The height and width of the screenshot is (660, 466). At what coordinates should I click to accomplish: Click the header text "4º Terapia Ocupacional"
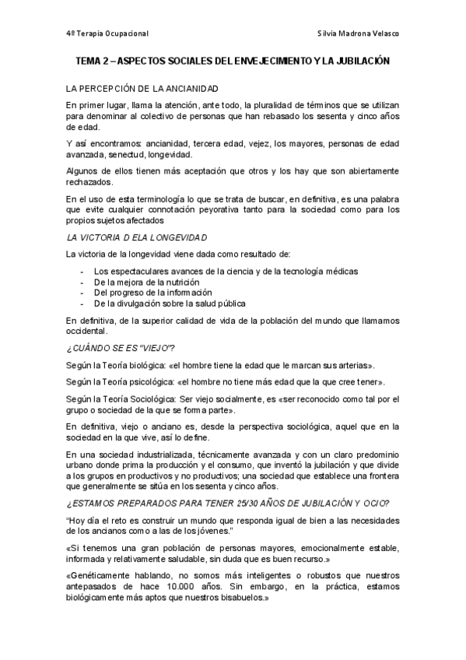[107, 34]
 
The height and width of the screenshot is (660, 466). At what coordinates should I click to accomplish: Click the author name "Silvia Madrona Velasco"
[359, 34]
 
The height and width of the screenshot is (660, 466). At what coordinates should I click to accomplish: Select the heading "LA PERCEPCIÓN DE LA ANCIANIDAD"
[142, 90]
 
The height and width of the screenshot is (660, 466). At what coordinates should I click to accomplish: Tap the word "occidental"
[87, 330]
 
